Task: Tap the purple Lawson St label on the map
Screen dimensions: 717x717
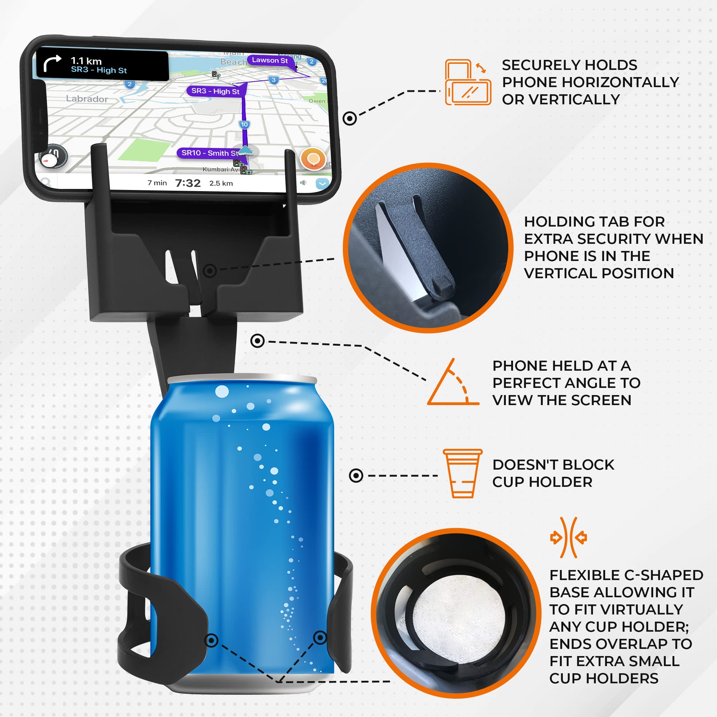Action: pyautogui.click(x=270, y=60)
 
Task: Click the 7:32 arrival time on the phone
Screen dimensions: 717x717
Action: pyautogui.click(x=188, y=183)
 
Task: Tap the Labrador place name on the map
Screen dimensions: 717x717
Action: pyautogui.click(x=87, y=99)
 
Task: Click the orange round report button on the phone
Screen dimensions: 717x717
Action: pyautogui.click(x=313, y=159)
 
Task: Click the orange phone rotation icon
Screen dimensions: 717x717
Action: pyautogui.click(x=467, y=82)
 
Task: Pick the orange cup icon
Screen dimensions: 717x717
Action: pyautogui.click(x=462, y=473)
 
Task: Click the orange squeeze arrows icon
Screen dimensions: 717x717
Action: pyautogui.click(x=568, y=538)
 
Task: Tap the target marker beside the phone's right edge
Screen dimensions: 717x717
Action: pyautogui.click(x=350, y=119)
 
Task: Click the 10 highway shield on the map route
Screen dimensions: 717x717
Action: pyautogui.click(x=244, y=125)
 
